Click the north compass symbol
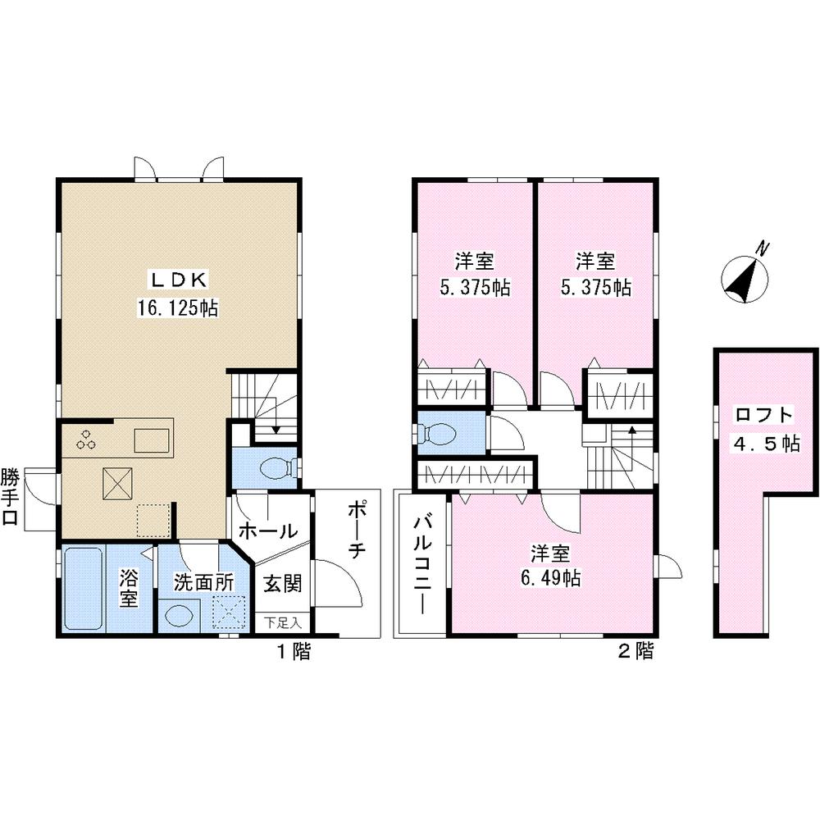click(x=745, y=276)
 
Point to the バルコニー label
click(x=421, y=564)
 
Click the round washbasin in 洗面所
click(x=178, y=613)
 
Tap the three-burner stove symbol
click(x=86, y=439)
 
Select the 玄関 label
click(x=282, y=584)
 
